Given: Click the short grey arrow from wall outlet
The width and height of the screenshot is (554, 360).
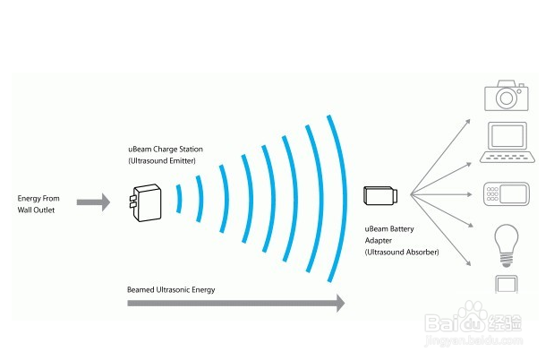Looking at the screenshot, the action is pyautogui.click(x=92, y=202).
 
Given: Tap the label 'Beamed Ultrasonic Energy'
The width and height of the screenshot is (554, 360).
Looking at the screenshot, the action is pyautogui.click(x=171, y=289).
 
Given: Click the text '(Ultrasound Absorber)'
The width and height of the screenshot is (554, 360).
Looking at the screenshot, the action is pyautogui.click(x=401, y=253).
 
